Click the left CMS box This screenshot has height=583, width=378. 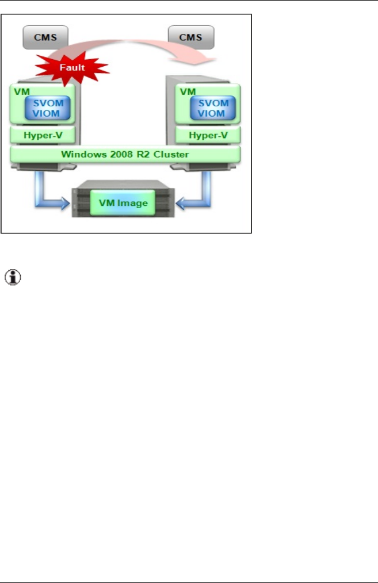tap(45, 37)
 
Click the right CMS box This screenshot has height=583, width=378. tap(191, 37)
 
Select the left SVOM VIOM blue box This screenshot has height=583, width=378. tap(47, 107)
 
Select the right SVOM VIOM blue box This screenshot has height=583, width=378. tap(213, 107)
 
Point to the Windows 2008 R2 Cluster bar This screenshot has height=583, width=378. tap(125, 154)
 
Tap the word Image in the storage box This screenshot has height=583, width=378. tap(136, 202)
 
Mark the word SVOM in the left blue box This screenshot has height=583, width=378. tap(47, 102)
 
